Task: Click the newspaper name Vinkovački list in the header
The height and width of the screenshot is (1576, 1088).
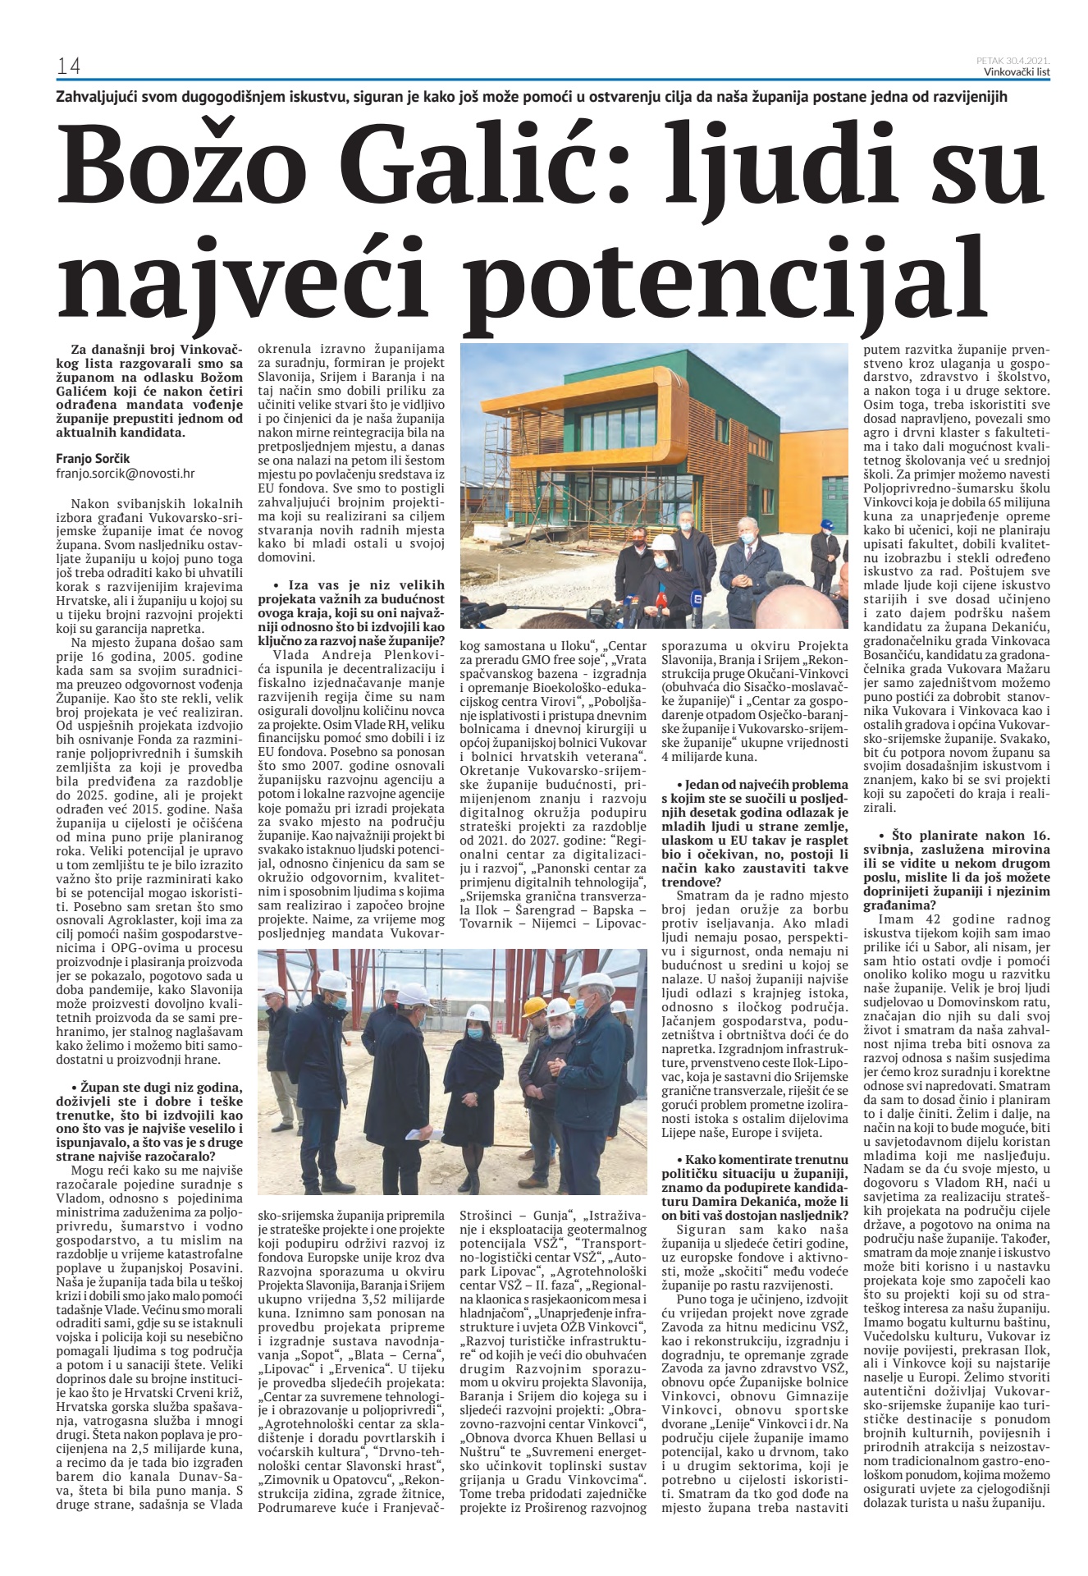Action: click(1017, 71)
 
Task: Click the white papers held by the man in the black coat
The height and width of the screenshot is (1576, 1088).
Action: click(425, 1134)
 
